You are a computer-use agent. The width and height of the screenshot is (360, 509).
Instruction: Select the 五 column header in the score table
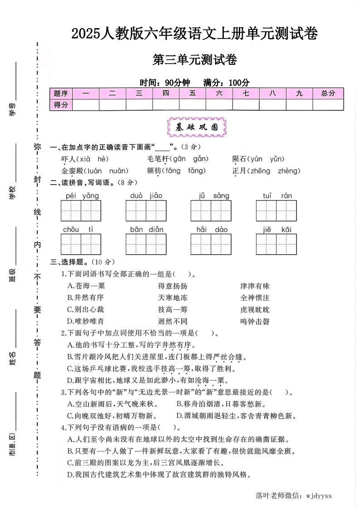tap(192, 93)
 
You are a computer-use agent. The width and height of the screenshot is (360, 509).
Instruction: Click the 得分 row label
tap(61, 105)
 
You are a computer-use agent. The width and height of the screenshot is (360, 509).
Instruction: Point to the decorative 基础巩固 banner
tap(197, 128)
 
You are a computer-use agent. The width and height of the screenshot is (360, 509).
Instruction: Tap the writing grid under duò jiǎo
tap(146, 210)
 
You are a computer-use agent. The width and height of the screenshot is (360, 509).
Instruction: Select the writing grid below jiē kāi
tap(276, 244)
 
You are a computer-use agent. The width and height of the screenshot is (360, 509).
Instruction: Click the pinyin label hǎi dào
tap(212, 230)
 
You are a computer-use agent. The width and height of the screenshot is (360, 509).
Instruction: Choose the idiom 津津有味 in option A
tap(255, 286)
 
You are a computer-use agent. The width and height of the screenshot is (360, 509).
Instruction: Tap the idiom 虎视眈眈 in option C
tap(255, 310)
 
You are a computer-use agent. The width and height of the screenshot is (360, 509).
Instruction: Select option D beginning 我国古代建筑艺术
tap(159, 475)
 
